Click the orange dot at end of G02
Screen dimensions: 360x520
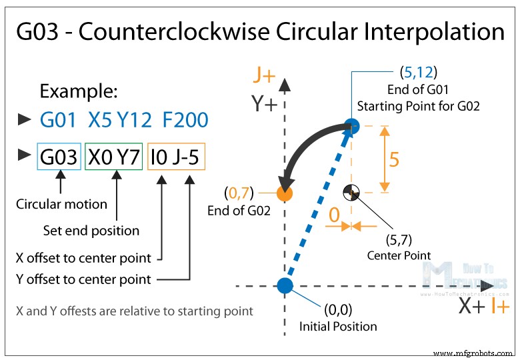click(x=285, y=194)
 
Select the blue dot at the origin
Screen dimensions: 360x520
click(x=285, y=286)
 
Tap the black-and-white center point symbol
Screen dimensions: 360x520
click(x=351, y=193)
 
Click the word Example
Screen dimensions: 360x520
click(x=78, y=91)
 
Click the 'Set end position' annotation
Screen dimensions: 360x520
click(x=91, y=231)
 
